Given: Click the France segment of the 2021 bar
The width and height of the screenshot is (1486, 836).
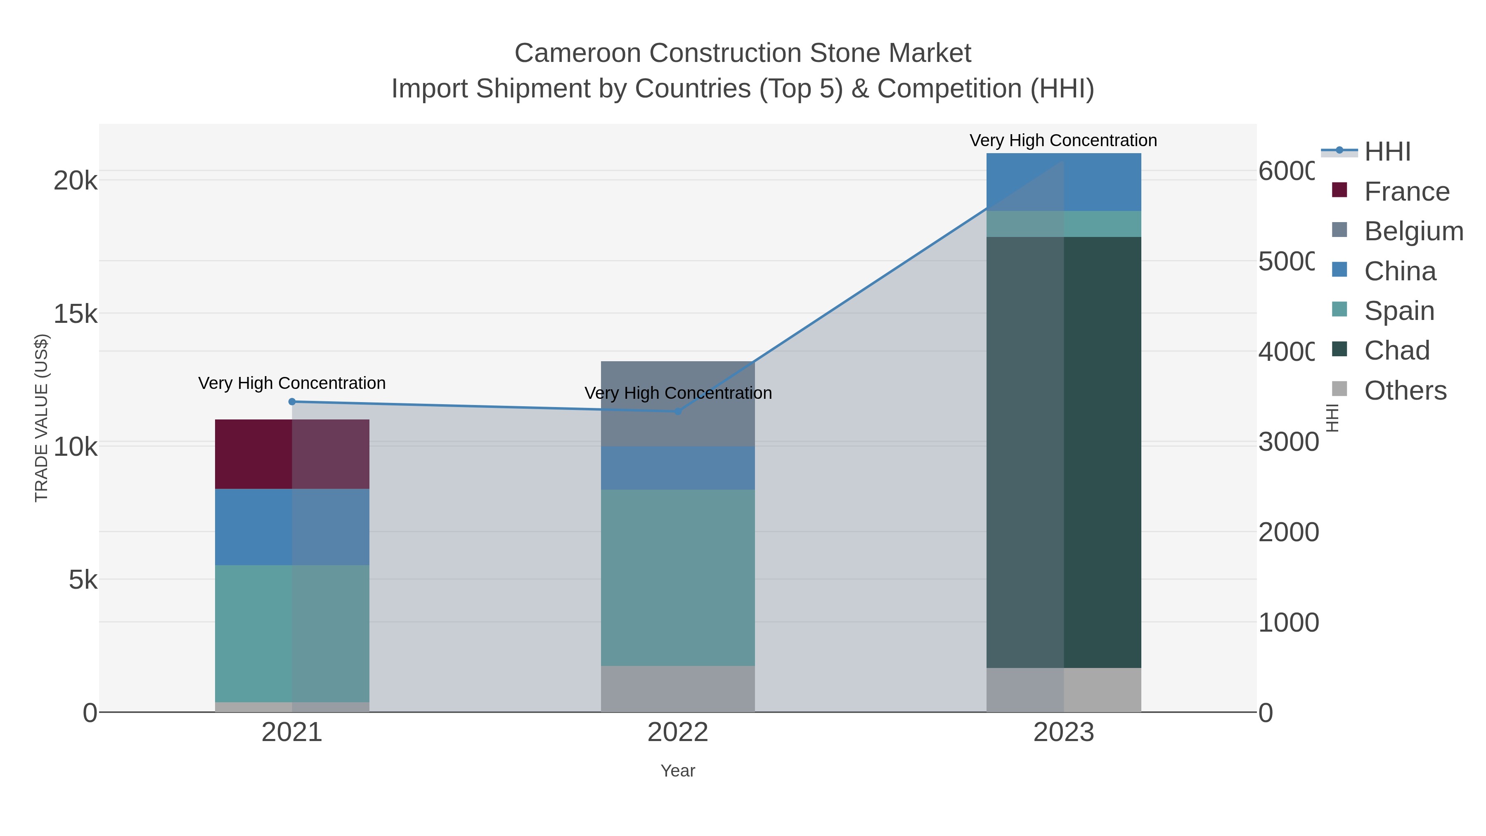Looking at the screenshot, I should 291,454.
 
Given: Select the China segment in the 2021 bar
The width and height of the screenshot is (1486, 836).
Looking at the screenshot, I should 291,527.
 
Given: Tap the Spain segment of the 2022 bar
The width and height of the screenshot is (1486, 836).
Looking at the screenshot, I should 677,578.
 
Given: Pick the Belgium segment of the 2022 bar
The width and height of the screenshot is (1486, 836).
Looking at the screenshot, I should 677,403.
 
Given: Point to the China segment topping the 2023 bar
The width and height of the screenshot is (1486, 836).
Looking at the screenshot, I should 1063,182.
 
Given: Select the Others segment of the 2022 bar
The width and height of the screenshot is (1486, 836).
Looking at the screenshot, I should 677,689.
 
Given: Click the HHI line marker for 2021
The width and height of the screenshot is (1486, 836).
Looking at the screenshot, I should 292,402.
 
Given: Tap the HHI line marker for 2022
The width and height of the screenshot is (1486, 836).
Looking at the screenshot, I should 678,411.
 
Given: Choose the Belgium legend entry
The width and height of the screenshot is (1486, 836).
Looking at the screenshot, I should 1413,231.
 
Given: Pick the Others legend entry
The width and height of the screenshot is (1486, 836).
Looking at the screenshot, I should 1405,391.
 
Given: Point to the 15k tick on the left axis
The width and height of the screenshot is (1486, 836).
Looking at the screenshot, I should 75,315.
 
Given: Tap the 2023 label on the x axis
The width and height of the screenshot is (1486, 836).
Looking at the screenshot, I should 1063,732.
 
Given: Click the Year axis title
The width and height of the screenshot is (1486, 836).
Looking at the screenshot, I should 677,771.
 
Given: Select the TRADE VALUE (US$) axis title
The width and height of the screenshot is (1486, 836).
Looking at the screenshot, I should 42,418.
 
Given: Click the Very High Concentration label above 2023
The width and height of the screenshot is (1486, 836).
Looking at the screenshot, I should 1063,141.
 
